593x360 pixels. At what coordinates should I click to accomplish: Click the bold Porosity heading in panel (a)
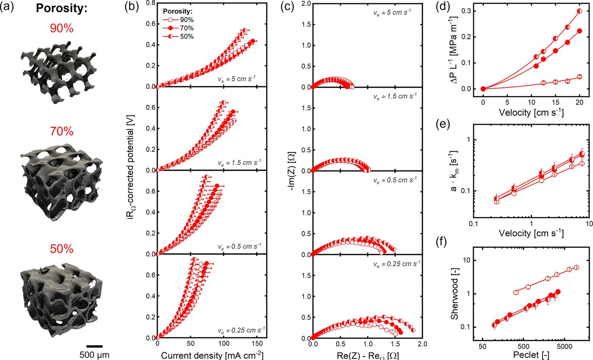62,8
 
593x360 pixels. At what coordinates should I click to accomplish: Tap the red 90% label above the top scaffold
62,28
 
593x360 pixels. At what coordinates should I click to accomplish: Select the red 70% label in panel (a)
62,131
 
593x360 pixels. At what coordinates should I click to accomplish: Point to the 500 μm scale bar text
94,355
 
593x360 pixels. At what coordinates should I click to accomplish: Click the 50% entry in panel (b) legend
187,36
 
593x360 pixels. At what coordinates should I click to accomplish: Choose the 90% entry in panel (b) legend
187,20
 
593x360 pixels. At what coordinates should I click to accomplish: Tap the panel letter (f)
442,243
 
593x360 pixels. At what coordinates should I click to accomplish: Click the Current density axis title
212,355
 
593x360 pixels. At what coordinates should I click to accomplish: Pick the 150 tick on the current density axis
257,343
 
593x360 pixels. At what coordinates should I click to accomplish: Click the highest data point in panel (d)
580,11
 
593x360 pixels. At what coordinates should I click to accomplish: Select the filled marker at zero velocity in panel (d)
483,89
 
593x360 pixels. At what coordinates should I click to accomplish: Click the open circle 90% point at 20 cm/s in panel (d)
580,77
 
